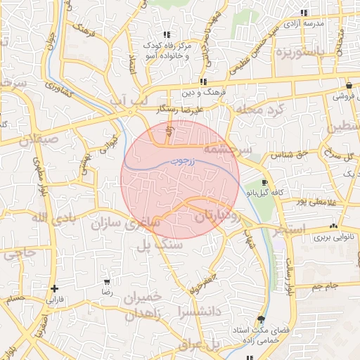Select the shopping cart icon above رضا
(x=107, y=281)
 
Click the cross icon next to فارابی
(x=54, y=288)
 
